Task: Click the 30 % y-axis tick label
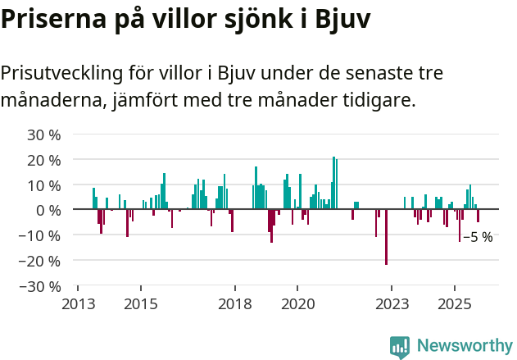(x=44, y=134)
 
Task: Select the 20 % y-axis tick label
(x=44, y=160)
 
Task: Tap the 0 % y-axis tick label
(x=48, y=210)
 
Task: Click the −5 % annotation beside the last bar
(x=478, y=237)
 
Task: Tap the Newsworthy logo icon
(x=400, y=347)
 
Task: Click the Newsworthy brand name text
(x=464, y=346)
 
